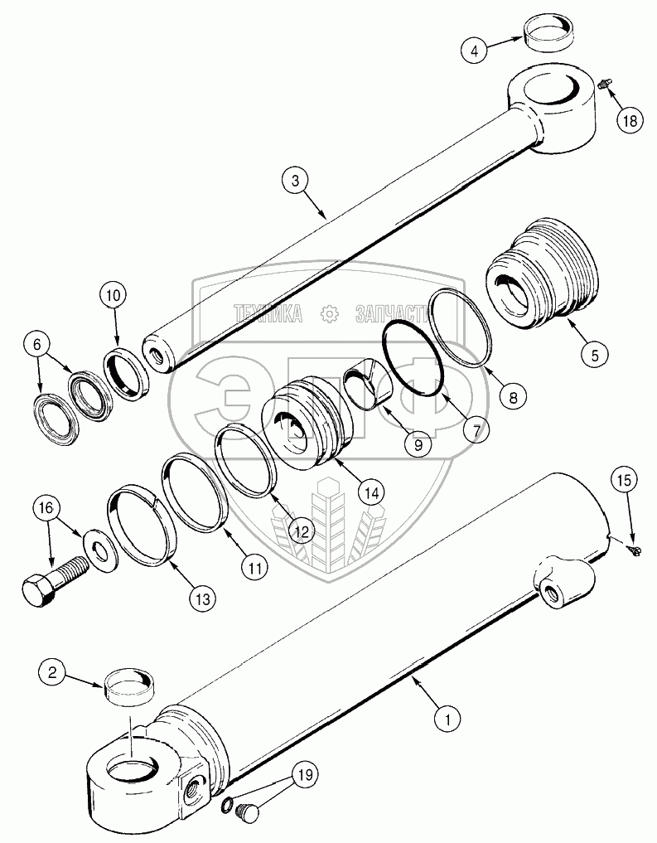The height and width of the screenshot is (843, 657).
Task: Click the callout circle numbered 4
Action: [x=475, y=51]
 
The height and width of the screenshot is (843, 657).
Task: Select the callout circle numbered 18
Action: [x=630, y=121]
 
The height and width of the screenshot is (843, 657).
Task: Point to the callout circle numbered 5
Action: [x=594, y=356]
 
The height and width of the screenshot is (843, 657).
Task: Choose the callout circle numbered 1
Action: [x=448, y=718]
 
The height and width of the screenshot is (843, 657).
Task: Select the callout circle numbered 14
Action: [x=371, y=492]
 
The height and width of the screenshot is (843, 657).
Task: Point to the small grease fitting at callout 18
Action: [x=604, y=83]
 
